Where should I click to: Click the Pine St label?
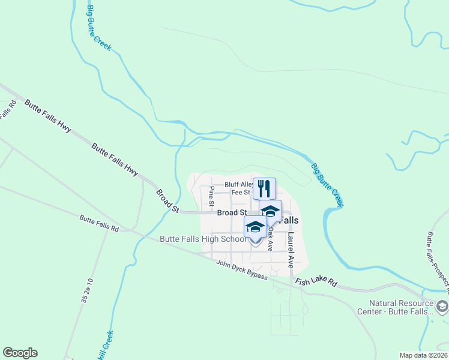pyautogui.click(x=211, y=194)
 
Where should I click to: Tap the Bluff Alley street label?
pyautogui.click(x=239, y=185)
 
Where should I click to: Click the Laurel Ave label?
pyautogui.click(x=290, y=250)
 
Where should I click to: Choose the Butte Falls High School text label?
pyautogui.click(x=203, y=239)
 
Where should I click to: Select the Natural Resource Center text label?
pyautogui.click(x=402, y=307)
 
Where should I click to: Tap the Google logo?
pyautogui.click(x=20, y=353)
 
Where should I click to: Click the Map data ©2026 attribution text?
pyautogui.click(x=423, y=355)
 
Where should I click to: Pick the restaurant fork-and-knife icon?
pyautogui.click(x=264, y=188)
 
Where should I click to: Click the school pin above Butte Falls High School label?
pyautogui.click(x=255, y=227)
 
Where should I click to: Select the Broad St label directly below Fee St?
pyautogui.click(x=232, y=212)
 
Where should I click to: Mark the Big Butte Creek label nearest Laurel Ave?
pyautogui.click(x=328, y=185)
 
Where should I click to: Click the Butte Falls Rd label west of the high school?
pyautogui.click(x=100, y=226)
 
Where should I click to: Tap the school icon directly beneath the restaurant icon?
pyautogui.click(x=270, y=211)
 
